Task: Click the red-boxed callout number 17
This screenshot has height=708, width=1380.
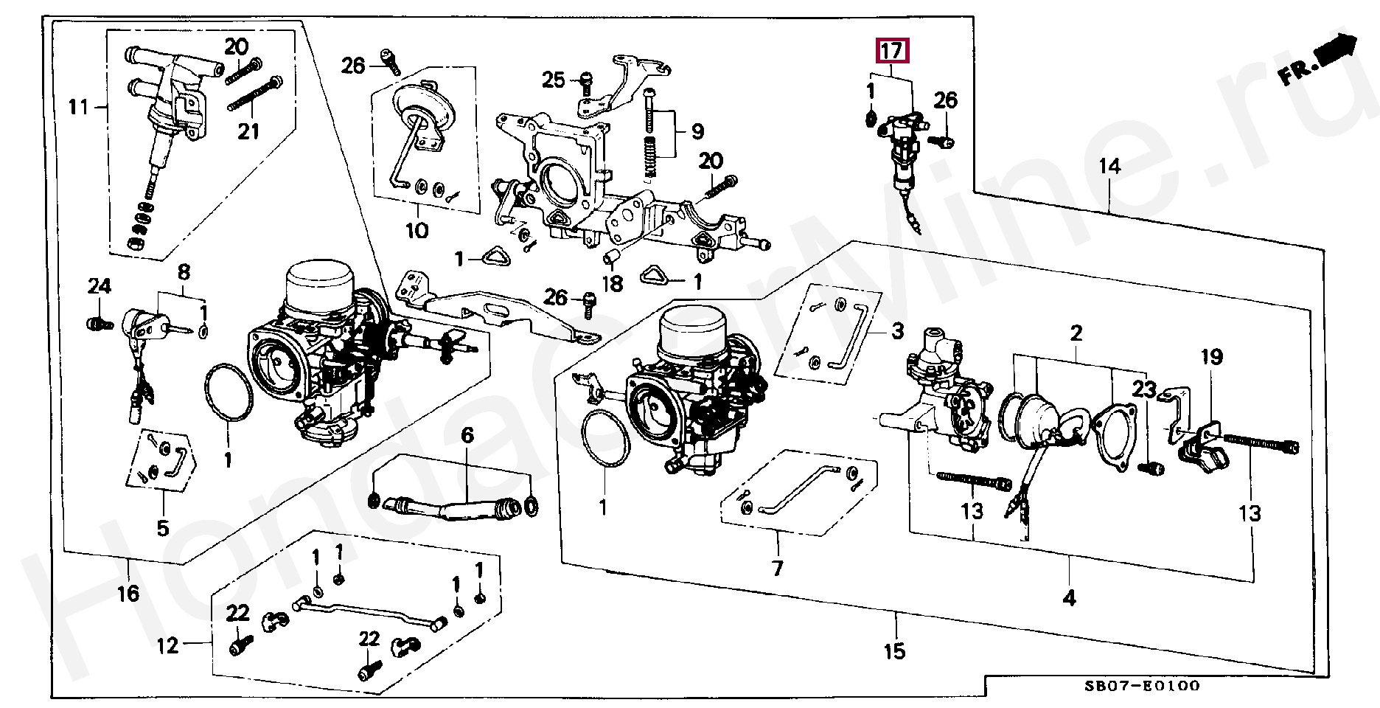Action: (x=892, y=52)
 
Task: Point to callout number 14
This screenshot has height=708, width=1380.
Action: (x=1109, y=167)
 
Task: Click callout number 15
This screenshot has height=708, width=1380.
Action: (x=894, y=652)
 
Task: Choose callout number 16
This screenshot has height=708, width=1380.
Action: (x=128, y=593)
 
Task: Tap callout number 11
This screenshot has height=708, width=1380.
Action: (x=78, y=108)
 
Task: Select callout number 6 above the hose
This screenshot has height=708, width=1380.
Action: (x=467, y=437)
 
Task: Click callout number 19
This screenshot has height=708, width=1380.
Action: (x=1211, y=358)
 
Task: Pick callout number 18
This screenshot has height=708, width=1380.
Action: (x=613, y=284)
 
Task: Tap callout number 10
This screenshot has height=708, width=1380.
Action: (x=417, y=231)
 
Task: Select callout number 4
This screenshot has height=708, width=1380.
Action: (x=1069, y=598)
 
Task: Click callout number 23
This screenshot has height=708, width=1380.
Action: (x=1145, y=389)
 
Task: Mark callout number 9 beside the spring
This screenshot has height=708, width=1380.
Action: (x=697, y=132)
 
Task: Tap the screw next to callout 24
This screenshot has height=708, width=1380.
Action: (x=98, y=323)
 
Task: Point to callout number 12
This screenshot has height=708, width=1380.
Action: (x=168, y=646)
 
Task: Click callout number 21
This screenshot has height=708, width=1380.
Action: (x=248, y=131)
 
